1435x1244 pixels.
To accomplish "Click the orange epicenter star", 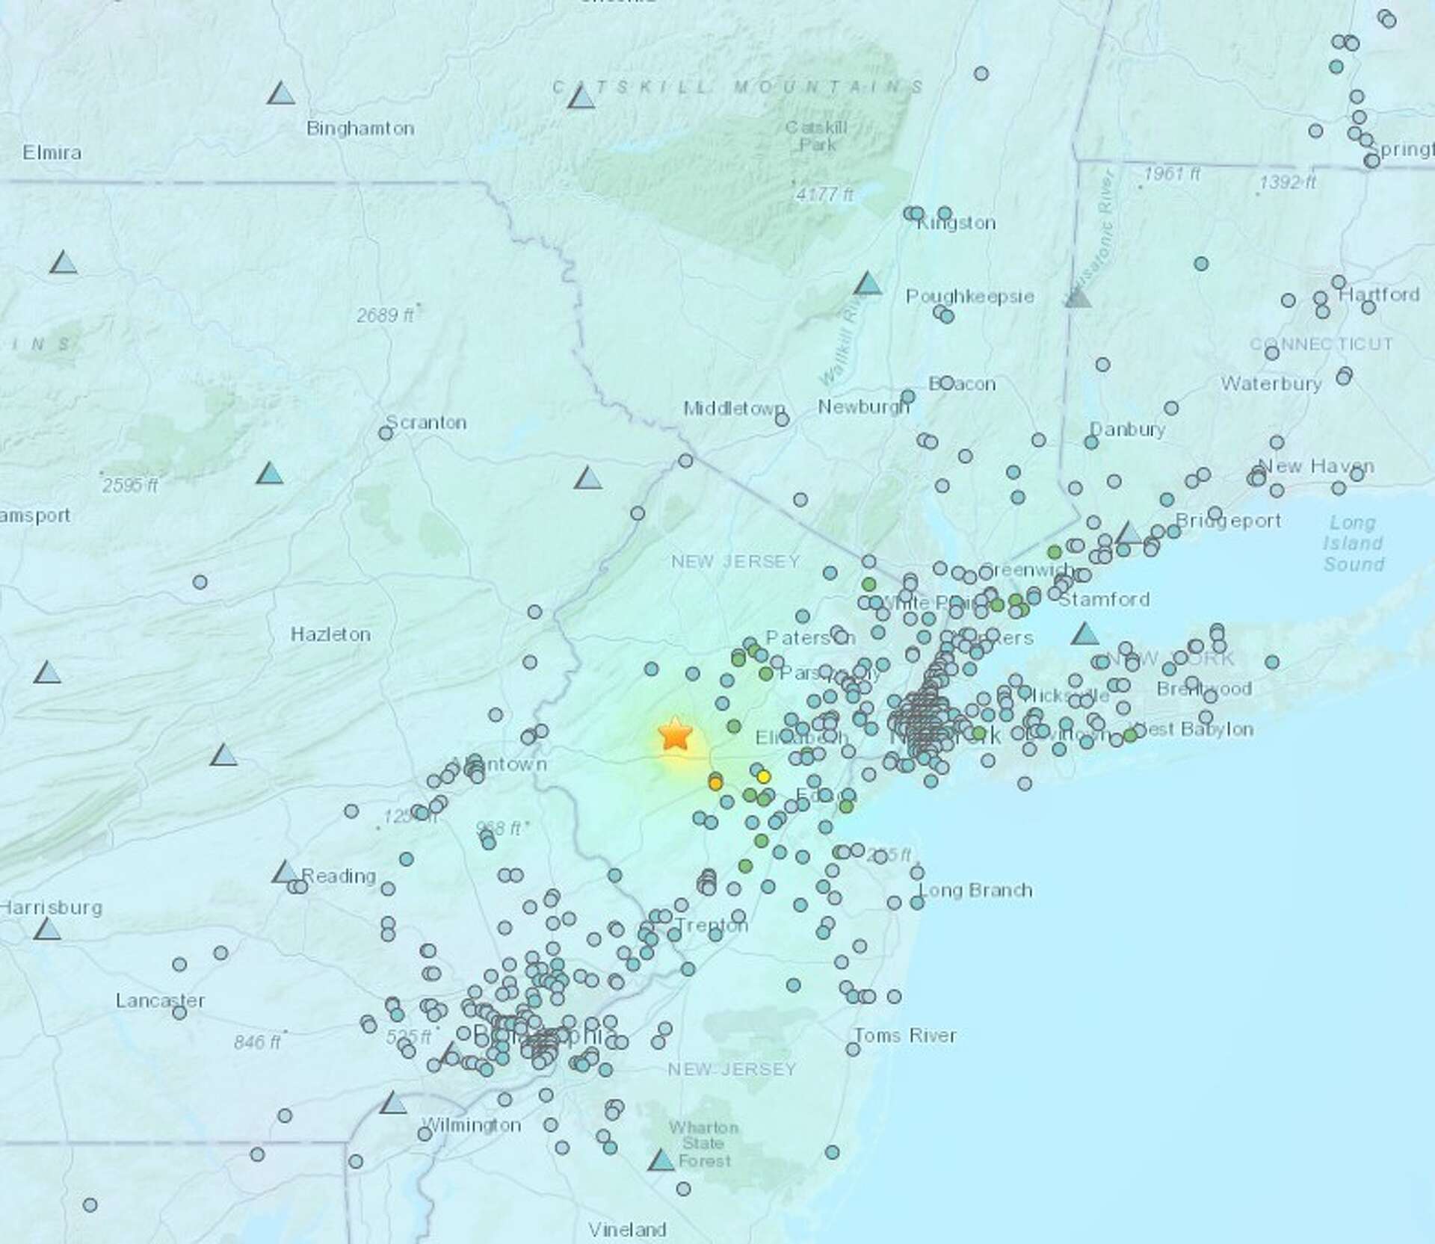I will [675, 734].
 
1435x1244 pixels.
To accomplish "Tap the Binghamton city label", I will [360, 129].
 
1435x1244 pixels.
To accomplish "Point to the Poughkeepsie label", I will [970, 297].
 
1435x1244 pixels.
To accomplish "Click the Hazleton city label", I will [330, 635].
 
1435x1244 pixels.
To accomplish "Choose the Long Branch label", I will [975, 891].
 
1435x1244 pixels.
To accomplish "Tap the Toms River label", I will [905, 1036].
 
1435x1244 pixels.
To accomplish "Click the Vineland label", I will [627, 1229].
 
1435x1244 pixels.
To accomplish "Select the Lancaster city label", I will [160, 1000].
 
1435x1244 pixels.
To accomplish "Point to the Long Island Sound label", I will [1354, 543].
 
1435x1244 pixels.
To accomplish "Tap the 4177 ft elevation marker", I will [824, 195].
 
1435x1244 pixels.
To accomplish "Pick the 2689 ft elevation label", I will [384, 315].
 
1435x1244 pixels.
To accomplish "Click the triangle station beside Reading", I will [285, 872].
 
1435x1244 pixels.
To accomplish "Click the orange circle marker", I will [715, 784].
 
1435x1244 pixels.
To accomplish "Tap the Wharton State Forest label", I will [703, 1144].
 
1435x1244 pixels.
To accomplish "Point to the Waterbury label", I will [1271, 384].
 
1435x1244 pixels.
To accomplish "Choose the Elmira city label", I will [52, 153].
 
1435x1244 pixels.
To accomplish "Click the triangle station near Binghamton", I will [281, 93].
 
